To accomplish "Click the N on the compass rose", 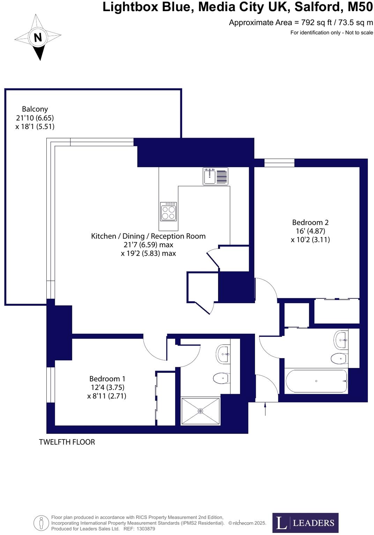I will [x=38, y=37].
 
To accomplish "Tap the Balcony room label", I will [x=35, y=109].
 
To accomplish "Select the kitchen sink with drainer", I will [x=215, y=176].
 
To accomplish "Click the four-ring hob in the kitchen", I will [x=168, y=212].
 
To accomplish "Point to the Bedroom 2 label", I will [x=310, y=223].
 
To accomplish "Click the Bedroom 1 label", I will [x=107, y=379].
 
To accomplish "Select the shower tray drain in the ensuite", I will [x=200, y=411].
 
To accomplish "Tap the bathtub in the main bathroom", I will [x=316, y=381].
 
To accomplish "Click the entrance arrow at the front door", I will [x=265, y=409].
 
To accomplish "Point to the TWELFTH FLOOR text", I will [x=67, y=442].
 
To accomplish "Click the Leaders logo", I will [x=305, y=522].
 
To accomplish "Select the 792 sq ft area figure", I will [x=313, y=23].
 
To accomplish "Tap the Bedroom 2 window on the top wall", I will [x=279, y=163].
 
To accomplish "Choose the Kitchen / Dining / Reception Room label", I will [x=148, y=236].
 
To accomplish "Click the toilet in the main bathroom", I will [x=338, y=358].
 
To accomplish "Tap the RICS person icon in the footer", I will [x=41, y=523].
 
